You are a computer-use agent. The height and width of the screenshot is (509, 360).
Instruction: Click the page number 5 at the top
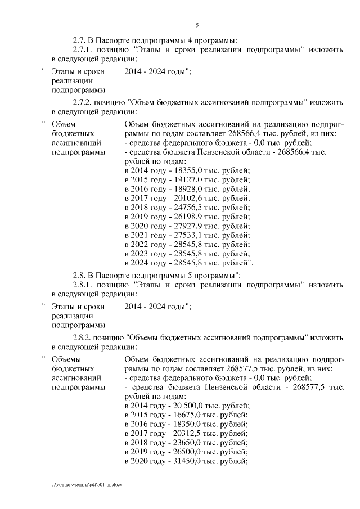click(197, 25)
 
